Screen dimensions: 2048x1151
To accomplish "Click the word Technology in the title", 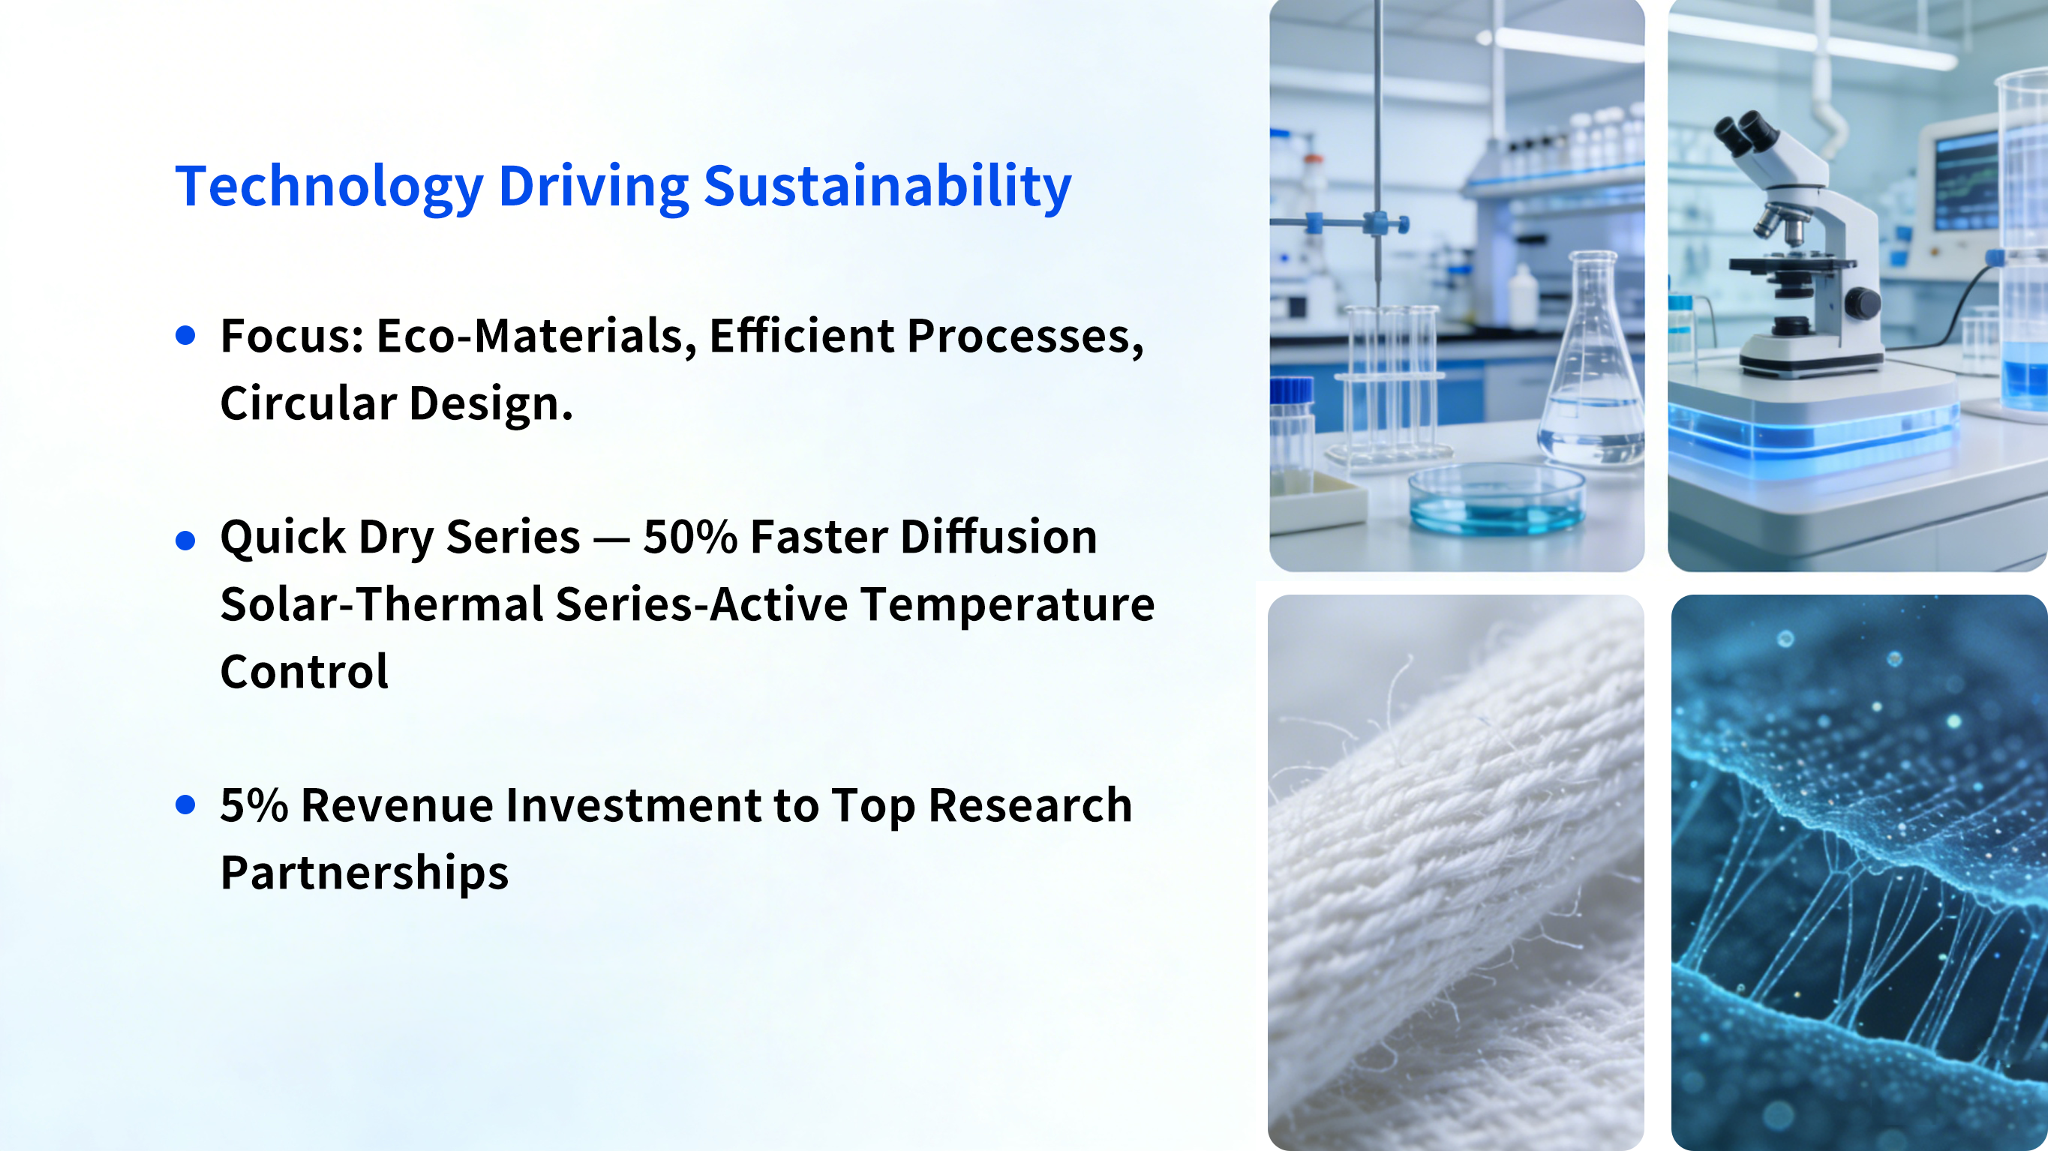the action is [329, 187].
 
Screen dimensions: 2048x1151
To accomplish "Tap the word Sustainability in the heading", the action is [887, 187].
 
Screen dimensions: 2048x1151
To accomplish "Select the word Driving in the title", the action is [593, 187].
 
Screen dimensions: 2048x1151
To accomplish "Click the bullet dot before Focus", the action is [185, 335].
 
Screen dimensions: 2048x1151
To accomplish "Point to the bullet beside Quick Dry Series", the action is [185, 541].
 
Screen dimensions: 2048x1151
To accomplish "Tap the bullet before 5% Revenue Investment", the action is [185, 805].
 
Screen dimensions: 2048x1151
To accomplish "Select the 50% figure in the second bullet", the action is [690, 538].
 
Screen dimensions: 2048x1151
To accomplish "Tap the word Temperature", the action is [1007, 606].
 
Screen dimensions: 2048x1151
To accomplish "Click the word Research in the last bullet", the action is [1030, 805].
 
